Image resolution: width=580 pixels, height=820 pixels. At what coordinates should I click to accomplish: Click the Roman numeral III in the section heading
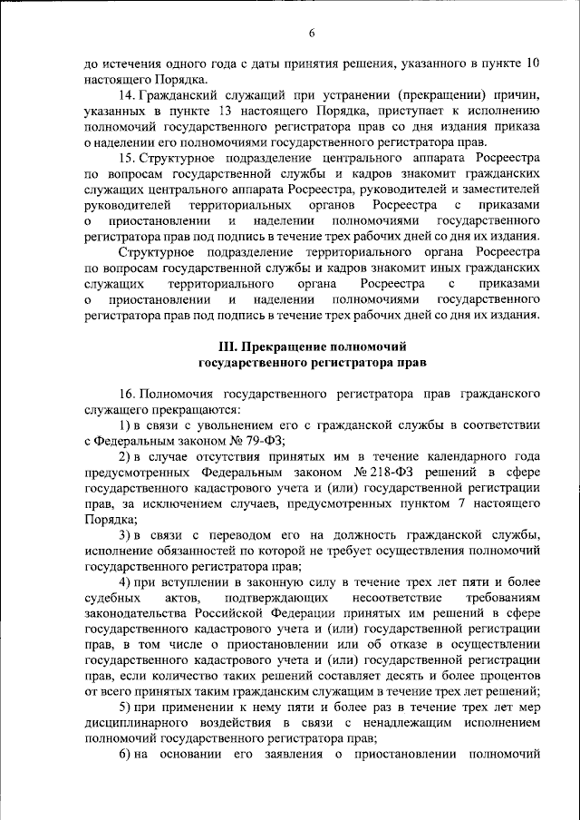tap(228, 347)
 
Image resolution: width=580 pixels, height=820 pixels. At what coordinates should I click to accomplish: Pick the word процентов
tap(508, 676)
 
